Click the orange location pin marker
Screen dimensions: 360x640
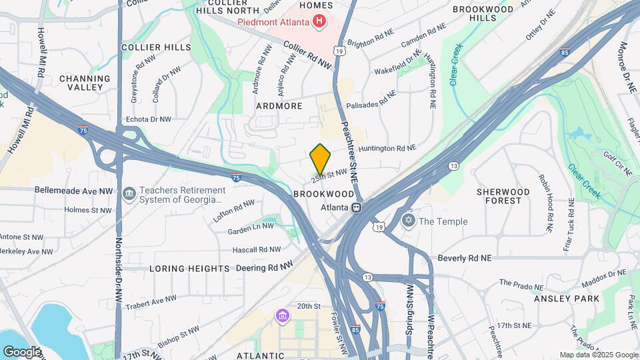coord(321,159)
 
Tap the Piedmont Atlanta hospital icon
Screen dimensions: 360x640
coord(320,21)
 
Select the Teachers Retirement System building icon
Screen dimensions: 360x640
coord(129,194)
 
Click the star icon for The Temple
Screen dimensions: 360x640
coord(408,221)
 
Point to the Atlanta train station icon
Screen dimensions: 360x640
coord(357,207)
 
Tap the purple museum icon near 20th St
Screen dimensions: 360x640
coord(282,314)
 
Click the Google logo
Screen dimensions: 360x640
coord(22,351)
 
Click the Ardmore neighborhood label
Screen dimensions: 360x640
coord(279,106)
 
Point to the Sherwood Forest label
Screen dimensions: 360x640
coord(503,196)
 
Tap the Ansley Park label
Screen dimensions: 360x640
coord(567,299)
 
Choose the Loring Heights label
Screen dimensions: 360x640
coord(189,268)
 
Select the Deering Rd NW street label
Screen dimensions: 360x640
coord(265,267)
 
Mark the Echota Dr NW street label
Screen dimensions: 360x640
coord(149,119)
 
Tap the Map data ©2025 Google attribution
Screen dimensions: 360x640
coord(597,355)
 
